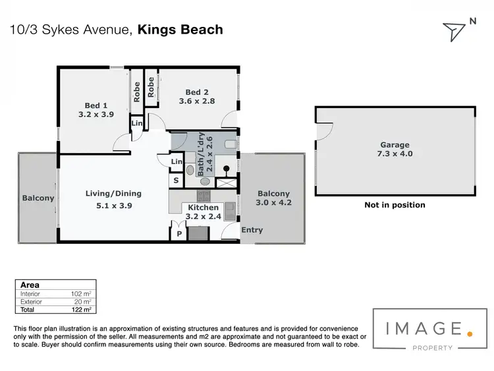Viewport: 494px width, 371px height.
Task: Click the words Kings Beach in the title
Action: [x=180, y=29]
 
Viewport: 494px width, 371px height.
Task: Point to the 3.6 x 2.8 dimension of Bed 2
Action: [x=197, y=101]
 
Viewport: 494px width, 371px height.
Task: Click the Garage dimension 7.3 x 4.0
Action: [x=395, y=154]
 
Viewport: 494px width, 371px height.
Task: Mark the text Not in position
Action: [x=395, y=205]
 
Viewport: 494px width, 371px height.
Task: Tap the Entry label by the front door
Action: [x=252, y=230]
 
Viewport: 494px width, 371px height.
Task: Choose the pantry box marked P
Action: [x=178, y=234]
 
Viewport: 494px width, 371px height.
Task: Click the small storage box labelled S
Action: [x=177, y=180]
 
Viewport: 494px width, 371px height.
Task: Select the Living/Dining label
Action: [x=113, y=194]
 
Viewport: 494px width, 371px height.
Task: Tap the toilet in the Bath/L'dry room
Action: [x=231, y=144]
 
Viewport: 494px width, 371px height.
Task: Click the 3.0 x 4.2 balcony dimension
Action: [x=273, y=203]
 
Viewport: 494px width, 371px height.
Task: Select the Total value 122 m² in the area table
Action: [x=80, y=309]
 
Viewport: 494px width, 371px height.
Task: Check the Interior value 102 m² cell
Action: [x=80, y=293]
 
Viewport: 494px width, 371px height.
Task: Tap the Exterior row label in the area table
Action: [x=32, y=301]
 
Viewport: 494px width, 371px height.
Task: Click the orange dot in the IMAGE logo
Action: [x=470, y=333]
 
